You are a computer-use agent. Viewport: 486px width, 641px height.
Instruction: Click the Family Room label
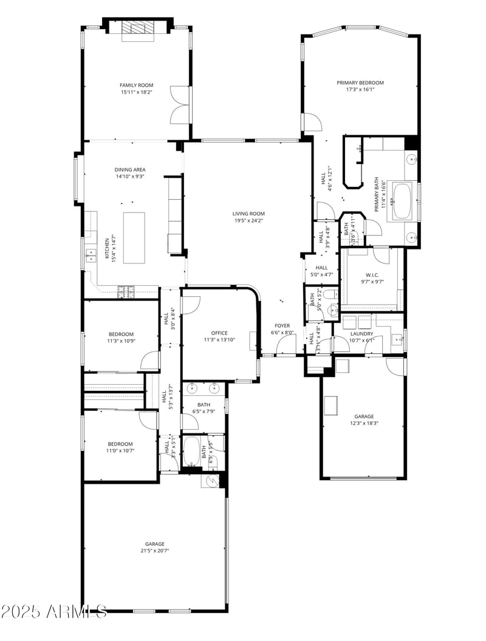(x=136, y=85)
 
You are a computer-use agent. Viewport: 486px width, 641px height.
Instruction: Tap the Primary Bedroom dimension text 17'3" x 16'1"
(x=360, y=90)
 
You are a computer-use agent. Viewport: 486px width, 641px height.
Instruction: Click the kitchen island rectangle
(x=134, y=237)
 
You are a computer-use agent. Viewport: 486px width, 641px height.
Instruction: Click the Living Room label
(x=249, y=213)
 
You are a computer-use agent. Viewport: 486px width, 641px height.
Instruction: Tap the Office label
(x=219, y=333)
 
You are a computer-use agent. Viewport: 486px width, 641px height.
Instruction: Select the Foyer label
(x=282, y=325)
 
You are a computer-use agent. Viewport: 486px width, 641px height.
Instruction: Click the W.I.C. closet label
(x=372, y=274)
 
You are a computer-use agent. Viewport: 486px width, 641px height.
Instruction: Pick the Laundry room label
(x=362, y=333)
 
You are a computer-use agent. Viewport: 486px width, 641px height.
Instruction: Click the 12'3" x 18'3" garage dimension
(x=364, y=424)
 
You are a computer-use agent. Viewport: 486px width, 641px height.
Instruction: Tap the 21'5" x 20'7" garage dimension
(x=155, y=551)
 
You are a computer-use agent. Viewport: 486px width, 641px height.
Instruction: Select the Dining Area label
(x=130, y=169)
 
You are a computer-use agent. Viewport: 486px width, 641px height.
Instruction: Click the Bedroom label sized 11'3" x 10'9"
(x=121, y=334)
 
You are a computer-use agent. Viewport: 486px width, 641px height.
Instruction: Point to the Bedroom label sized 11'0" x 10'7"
(x=121, y=444)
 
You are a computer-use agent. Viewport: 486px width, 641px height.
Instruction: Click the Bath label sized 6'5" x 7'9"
(x=204, y=405)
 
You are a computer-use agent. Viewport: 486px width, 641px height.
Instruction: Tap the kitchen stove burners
(x=126, y=291)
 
